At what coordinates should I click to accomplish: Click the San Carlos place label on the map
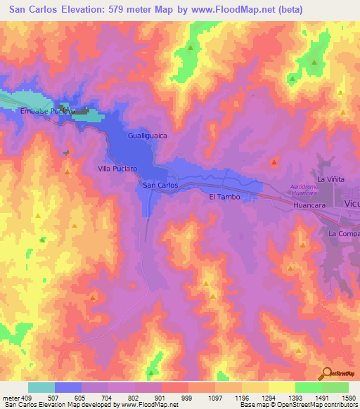pos(160,185)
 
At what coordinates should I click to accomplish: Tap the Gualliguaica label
pos(148,135)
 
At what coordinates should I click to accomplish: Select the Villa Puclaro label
pos(117,169)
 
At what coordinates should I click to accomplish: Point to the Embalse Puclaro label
pos(47,111)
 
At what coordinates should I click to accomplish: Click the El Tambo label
pos(224,197)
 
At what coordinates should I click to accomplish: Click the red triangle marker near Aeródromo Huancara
pos(274,163)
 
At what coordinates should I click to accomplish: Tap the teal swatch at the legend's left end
pos(41,387)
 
